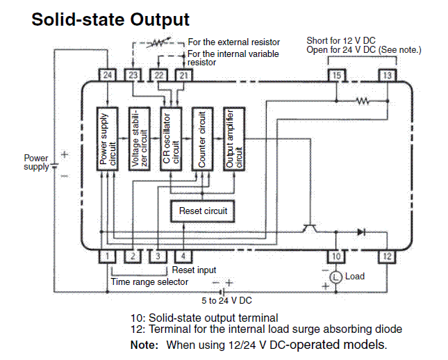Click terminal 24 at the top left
tap(107, 74)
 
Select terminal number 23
tap(132, 74)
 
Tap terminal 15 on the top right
tap(336, 74)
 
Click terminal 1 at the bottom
tap(108, 256)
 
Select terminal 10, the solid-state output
tap(335, 256)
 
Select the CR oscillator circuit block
tap(171, 139)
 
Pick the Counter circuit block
tap(202, 139)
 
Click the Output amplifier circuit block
tap(234, 139)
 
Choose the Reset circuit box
tap(203, 211)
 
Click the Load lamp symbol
tap(335, 277)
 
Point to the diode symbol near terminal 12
tap(360, 232)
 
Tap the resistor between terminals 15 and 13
tap(362, 101)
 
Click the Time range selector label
tap(149, 281)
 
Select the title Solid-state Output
tap(110, 19)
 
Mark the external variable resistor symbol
tap(159, 42)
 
